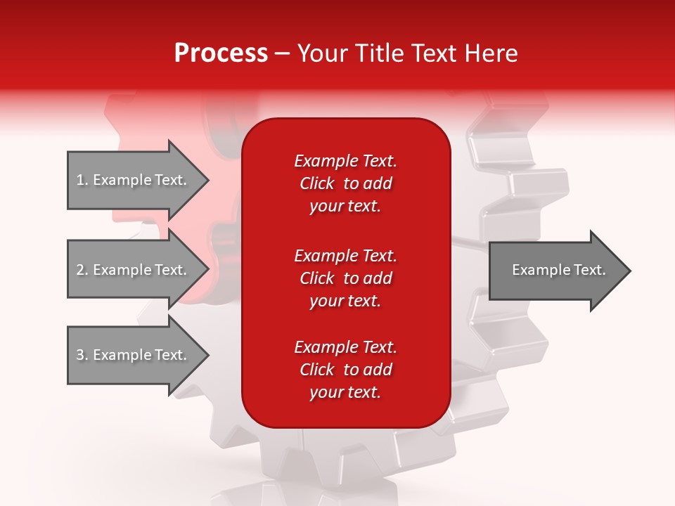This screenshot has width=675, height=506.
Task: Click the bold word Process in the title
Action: [x=221, y=53]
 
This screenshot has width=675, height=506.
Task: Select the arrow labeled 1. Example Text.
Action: [x=134, y=180]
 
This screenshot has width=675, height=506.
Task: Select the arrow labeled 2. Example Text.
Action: [x=134, y=270]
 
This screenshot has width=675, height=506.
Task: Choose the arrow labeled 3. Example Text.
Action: [x=134, y=355]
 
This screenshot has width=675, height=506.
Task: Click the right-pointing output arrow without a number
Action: [x=555, y=271]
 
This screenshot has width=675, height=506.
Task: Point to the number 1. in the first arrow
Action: [x=82, y=180]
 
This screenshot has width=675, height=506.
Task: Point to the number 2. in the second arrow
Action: [x=82, y=270]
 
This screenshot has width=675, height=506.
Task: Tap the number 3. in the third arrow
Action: [x=82, y=355]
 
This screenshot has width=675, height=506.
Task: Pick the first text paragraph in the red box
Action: [x=345, y=183]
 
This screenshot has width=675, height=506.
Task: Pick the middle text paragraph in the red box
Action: [x=345, y=278]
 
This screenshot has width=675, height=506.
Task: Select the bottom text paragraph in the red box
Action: [x=345, y=370]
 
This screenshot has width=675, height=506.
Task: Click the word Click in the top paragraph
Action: [x=316, y=183]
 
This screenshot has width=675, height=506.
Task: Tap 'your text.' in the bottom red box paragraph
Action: [x=345, y=393]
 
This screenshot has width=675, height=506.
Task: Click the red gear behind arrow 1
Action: [x=141, y=126]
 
